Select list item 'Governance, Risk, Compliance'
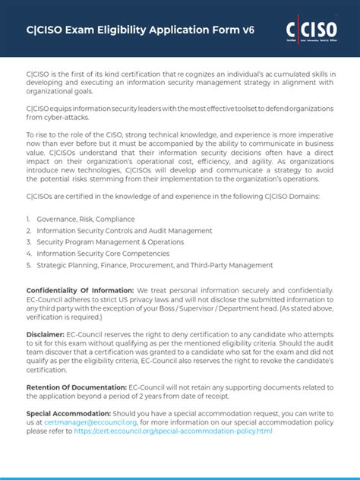pos(84,219)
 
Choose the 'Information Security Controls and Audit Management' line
pos(113,230)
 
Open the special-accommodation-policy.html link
pos(173,431)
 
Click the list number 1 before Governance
pos(28,219)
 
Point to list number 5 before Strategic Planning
pos(28,265)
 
